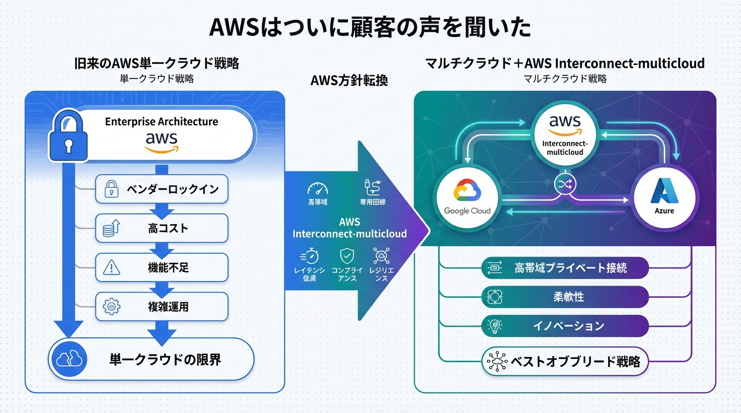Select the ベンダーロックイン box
[x=162, y=189]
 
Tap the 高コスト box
[x=162, y=228]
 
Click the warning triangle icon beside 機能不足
[x=111, y=267]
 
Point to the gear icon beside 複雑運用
[x=111, y=307]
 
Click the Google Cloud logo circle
[x=467, y=197]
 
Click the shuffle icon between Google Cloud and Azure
[x=565, y=185]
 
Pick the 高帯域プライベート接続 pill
[x=565, y=267]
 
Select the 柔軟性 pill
[x=565, y=296]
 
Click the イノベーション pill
[x=565, y=325]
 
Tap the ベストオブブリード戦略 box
[x=565, y=361]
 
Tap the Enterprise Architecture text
[x=162, y=122]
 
